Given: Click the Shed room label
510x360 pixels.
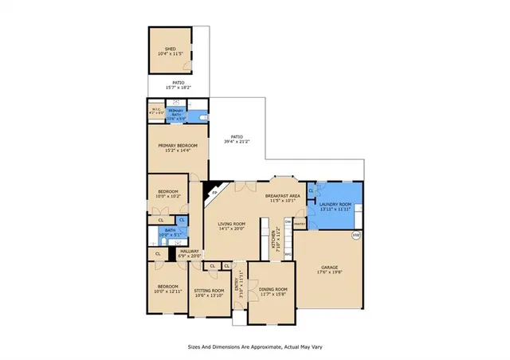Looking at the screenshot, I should coord(170,50).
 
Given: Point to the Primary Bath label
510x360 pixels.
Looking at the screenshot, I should coord(176,113).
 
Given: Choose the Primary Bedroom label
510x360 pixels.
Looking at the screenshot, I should coord(177,148).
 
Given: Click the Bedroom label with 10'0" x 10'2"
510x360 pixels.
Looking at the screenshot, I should coord(167,194).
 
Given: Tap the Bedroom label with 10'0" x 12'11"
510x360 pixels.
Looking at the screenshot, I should coord(167,288).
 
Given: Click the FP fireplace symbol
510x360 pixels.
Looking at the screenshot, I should coord(213,191).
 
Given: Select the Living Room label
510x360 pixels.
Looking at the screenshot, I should coord(232,228).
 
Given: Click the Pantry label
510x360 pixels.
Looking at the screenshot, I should coord(300,225).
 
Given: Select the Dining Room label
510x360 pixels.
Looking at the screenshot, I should coord(272,291).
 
